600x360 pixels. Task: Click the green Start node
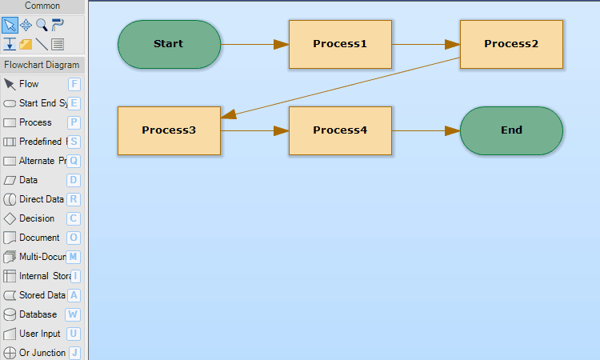click(x=169, y=44)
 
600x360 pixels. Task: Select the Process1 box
click(x=340, y=44)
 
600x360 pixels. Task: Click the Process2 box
click(x=511, y=44)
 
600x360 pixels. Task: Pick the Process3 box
click(x=169, y=130)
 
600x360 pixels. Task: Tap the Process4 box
click(x=340, y=130)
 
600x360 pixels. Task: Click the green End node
click(x=511, y=130)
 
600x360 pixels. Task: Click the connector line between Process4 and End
click(x=426, y=130)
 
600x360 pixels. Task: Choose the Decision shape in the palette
click(x=37, y=218)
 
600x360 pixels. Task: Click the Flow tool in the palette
click(x=29, y=84)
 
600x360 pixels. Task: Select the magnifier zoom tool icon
click(x=42, y=25)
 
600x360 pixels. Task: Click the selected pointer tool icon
click(x=10, y=25)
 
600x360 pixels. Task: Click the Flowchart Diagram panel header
click(x=42, y=65)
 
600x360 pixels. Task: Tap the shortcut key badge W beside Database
click(x=74, y=314)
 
